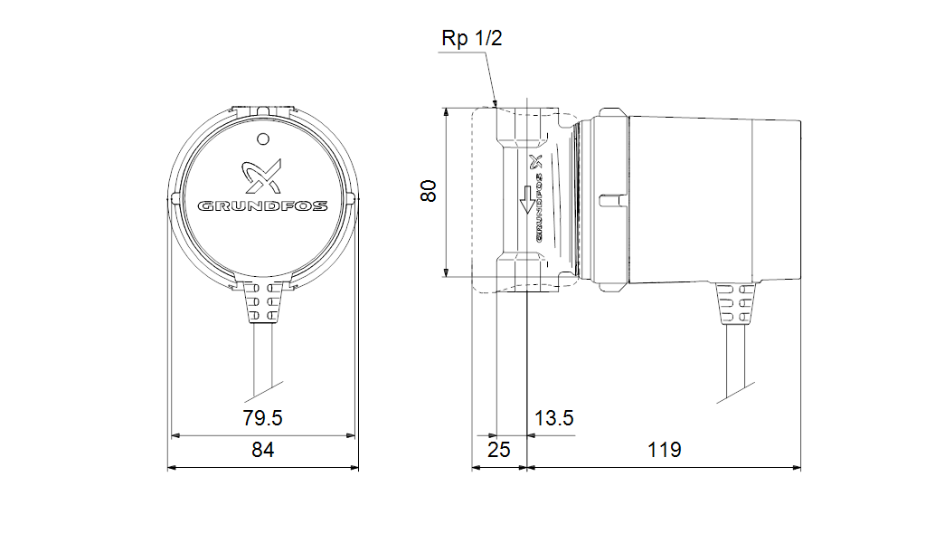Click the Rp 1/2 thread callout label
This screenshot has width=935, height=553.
pos(472,38)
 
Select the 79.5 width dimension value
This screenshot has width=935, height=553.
pos(262,418)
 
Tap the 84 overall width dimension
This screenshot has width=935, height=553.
pos(262,450)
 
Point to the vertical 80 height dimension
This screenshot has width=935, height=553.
pos(429,191)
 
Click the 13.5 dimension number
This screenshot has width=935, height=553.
pos(553,418)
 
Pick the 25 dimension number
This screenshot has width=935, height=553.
pos(498,450)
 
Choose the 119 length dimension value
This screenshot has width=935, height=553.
pos(665,450)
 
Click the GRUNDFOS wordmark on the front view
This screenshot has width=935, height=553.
pos(262,206)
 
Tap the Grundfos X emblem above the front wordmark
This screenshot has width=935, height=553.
pos(261,176)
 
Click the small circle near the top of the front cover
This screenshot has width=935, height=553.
pos(262,139)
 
